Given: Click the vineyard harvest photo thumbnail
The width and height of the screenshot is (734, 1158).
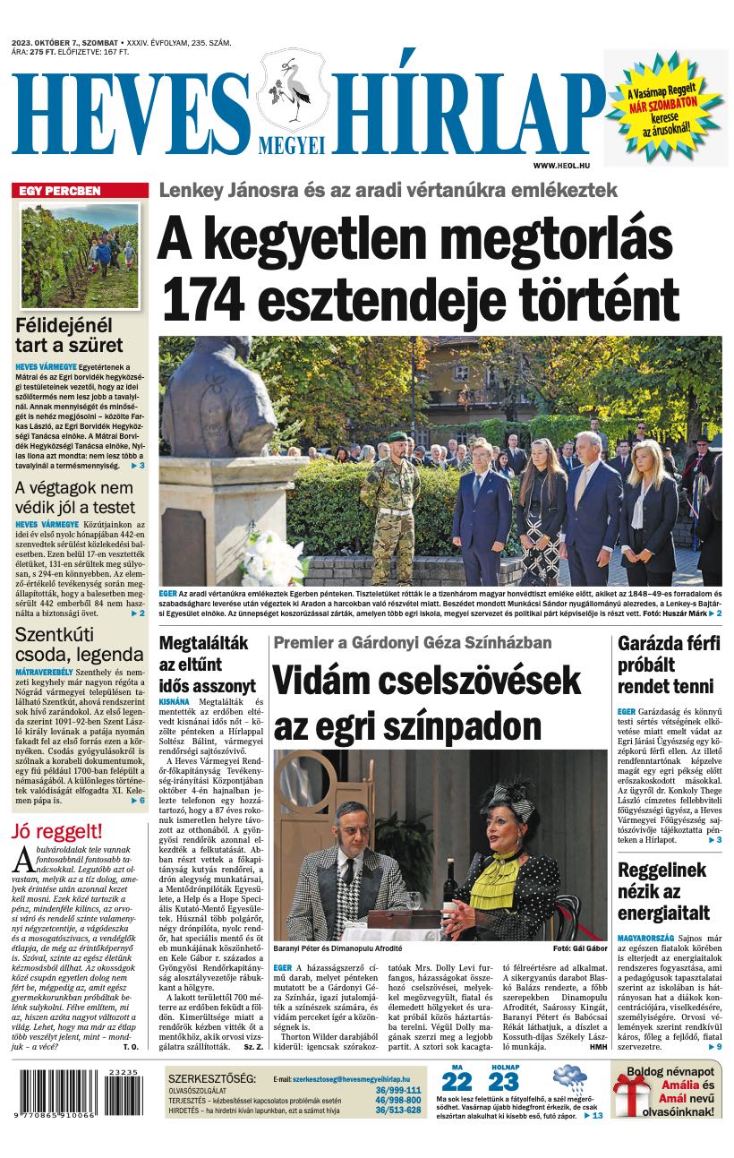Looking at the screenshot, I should click(79, 255).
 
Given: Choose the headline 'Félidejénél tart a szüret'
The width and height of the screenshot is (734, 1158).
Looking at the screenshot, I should click(69, 335).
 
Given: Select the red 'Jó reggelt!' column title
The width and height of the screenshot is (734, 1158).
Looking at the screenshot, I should click(56, 830).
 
